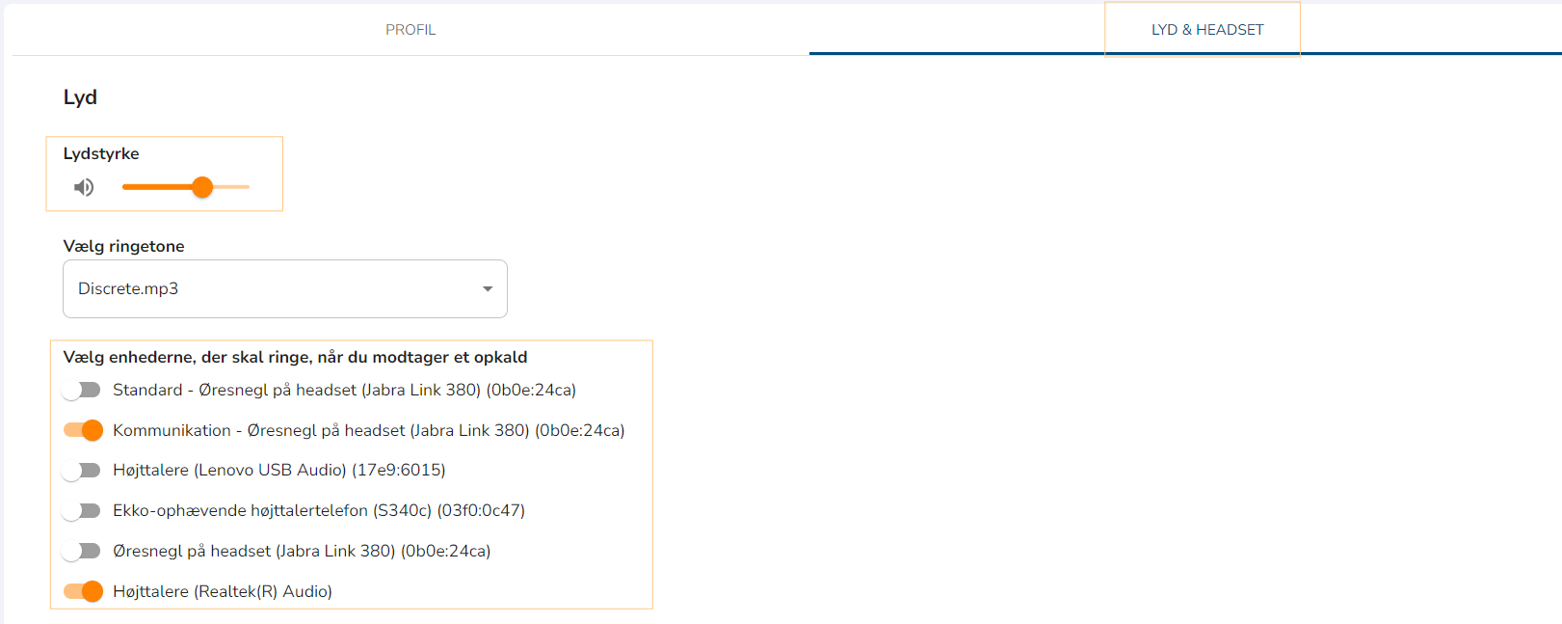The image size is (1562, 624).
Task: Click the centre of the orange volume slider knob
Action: (202, 187)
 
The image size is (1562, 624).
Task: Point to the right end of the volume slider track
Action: (249, 187)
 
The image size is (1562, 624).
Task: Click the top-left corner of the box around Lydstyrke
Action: (46, 137)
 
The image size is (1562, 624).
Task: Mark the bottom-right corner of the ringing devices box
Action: (652, 609)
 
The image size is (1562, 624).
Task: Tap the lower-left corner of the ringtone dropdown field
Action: (64, 317)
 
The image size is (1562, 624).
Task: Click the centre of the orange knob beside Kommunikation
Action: (93, 430)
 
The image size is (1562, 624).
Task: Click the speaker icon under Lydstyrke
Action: (84, 187)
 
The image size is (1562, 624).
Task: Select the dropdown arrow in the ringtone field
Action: (488, 289)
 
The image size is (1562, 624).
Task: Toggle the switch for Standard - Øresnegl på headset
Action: (82, 390)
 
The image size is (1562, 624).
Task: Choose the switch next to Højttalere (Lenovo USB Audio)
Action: (82, 471)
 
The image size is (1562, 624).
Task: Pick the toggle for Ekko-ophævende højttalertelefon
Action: (82, 511)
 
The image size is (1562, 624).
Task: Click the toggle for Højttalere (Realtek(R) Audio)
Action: (83, 592)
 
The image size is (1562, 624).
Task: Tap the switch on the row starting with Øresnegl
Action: (82, 552)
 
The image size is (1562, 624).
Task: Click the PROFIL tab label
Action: (410, 30)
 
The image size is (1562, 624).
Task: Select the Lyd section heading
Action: (80, 97)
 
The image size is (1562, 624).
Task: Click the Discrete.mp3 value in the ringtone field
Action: (128, 289)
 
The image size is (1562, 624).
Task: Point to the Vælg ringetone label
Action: (124, 246)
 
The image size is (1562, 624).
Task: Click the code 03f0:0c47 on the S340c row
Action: (481, 511)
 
